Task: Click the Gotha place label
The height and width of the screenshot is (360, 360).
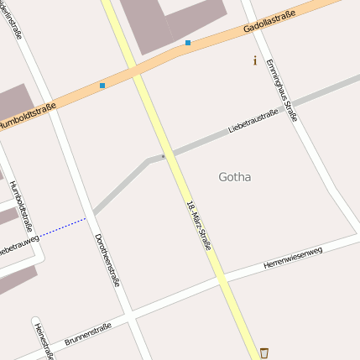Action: [234, 177]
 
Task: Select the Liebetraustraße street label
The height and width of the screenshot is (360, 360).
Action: [253, 122]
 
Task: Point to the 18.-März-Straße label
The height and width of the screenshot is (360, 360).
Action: [200, 225]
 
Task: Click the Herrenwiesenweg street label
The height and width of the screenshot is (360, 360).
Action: [292, 258]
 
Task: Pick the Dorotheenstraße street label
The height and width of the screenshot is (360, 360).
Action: [107, 260]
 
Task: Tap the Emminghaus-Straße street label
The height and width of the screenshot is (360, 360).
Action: [281, 90]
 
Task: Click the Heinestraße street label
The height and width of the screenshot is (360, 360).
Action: [43, 340]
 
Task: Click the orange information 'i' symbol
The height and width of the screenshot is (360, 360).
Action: [255, 60]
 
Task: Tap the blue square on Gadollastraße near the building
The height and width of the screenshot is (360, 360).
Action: [188, 42]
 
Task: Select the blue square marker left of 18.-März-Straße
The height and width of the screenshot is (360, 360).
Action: [102, 86]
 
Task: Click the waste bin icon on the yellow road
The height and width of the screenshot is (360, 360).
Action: [264, 352]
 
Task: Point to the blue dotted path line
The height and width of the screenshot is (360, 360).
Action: [62, 227]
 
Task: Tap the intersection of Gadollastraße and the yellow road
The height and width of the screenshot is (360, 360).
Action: [138, 73]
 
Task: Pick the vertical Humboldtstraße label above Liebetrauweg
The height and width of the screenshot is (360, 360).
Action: [25, 202]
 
